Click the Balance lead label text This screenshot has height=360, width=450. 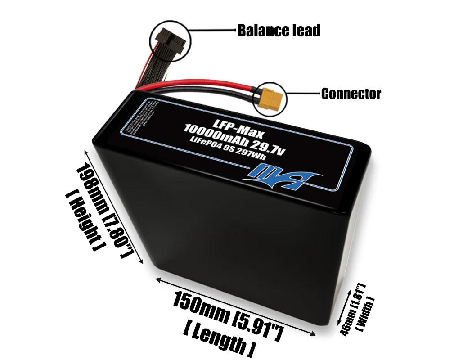click(x=279, y=31)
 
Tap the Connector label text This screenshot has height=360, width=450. click(x=351, y=94)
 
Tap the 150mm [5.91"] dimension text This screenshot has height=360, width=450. click(x=228, y=315)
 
